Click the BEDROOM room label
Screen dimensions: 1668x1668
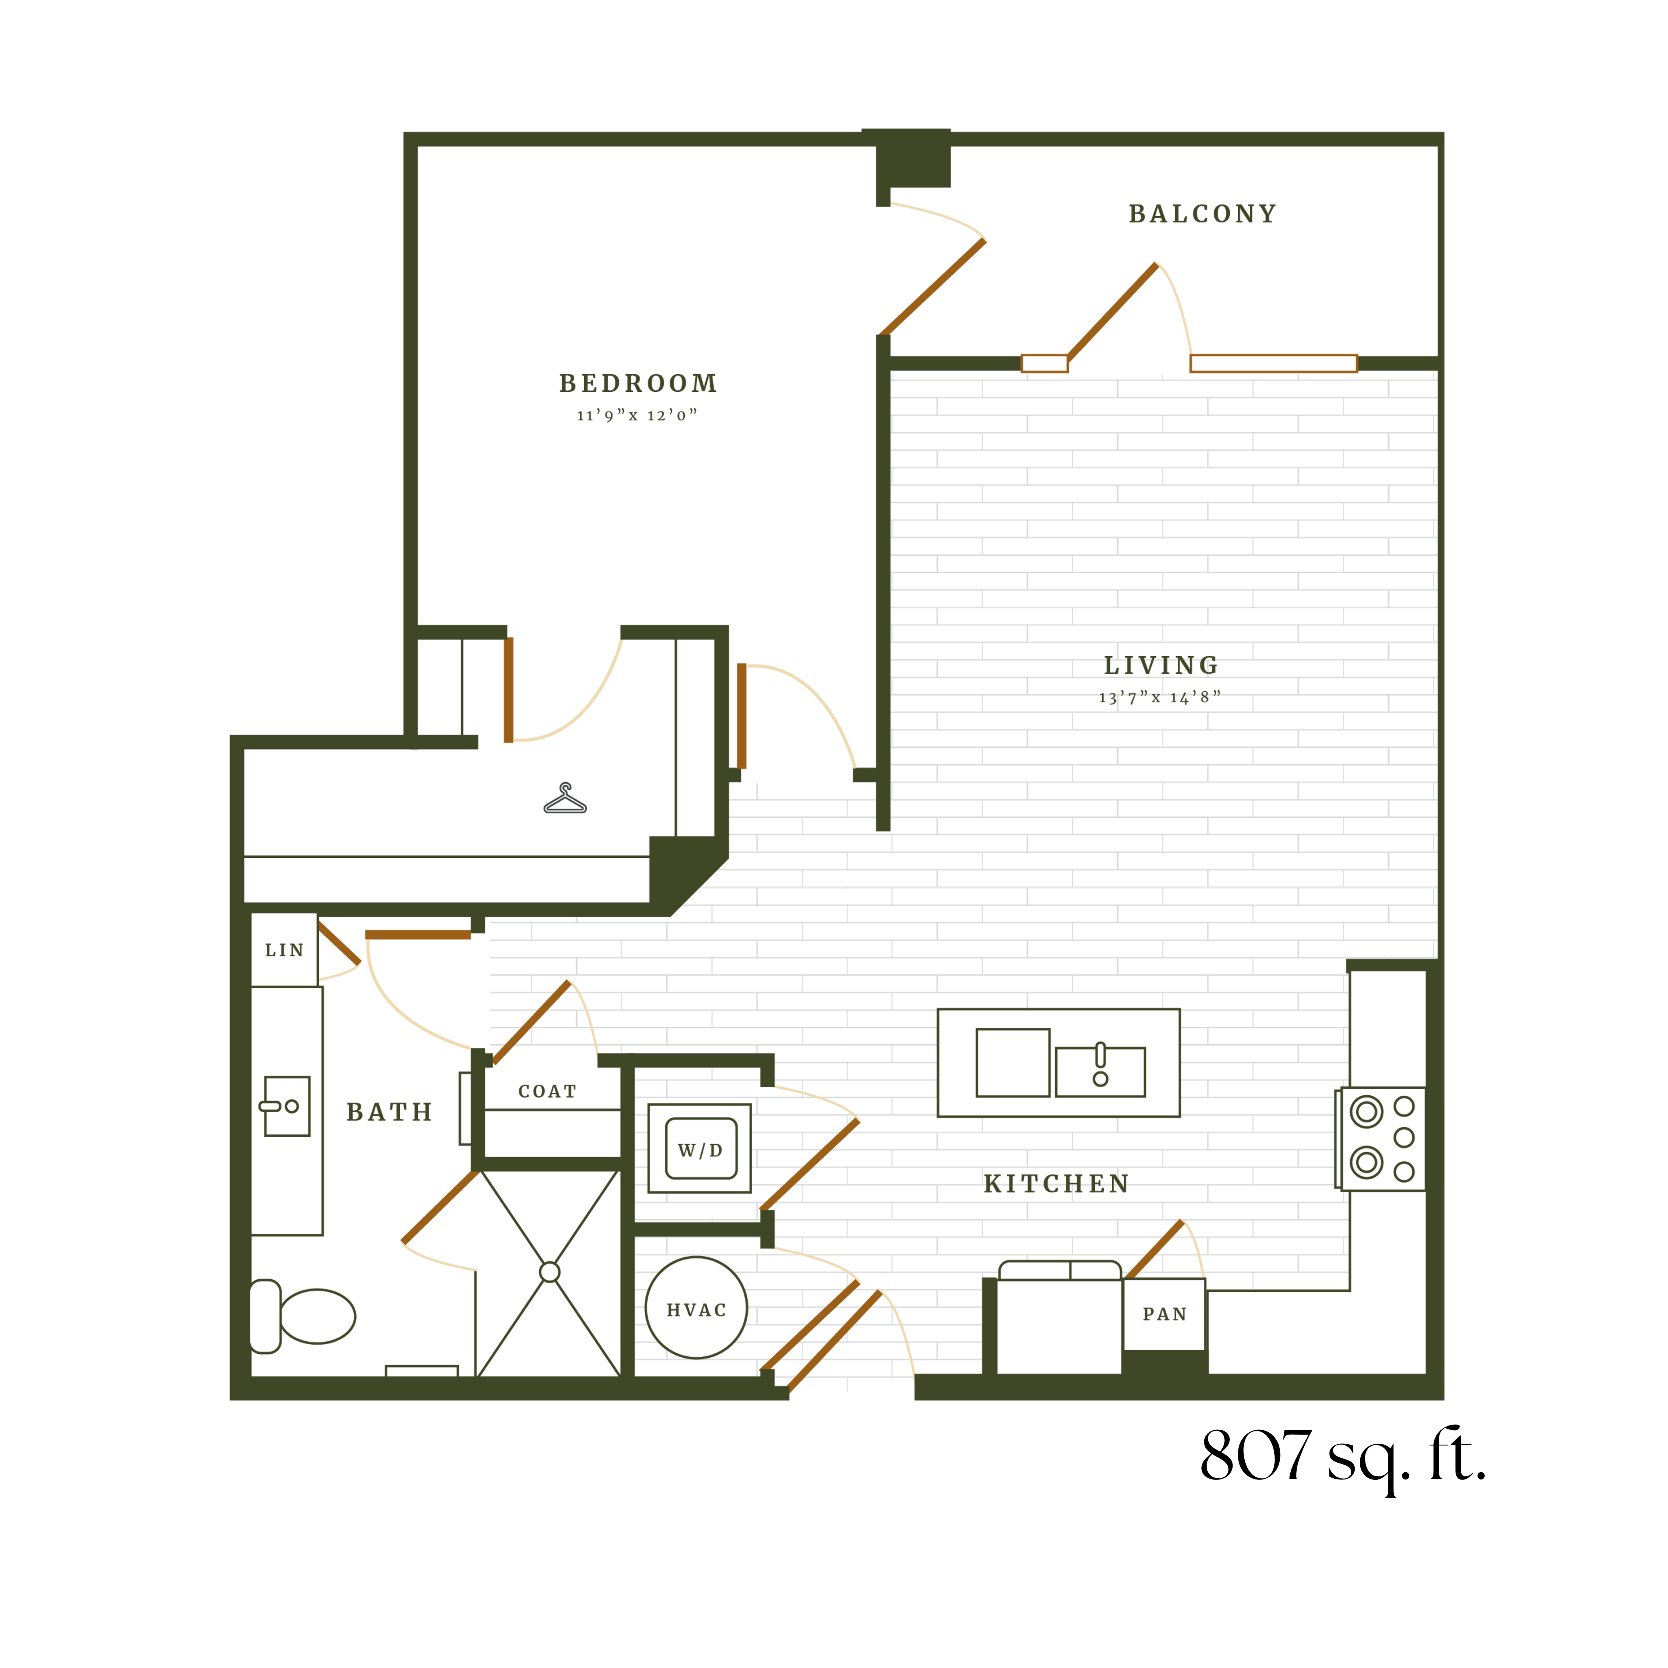638,383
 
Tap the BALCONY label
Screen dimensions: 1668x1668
1203,214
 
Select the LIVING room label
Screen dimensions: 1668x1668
1161,666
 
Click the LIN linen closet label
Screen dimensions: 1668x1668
284,951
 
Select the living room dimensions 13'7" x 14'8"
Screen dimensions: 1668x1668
1159,698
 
